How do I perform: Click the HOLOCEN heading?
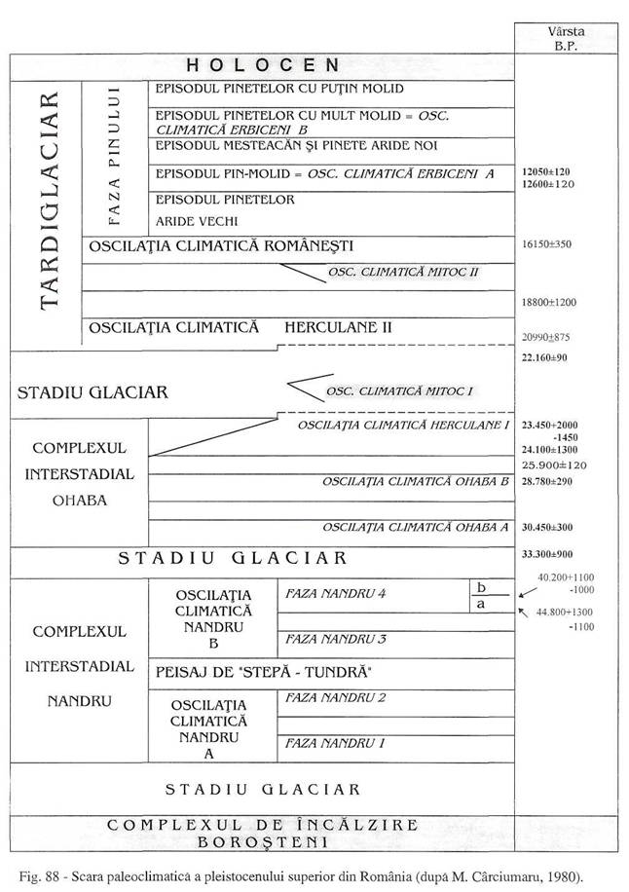pos(263,65)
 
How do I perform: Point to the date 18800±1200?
pos(550,303)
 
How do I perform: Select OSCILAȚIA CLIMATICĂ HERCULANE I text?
pos(404,426)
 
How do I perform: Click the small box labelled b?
pos(480,587)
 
